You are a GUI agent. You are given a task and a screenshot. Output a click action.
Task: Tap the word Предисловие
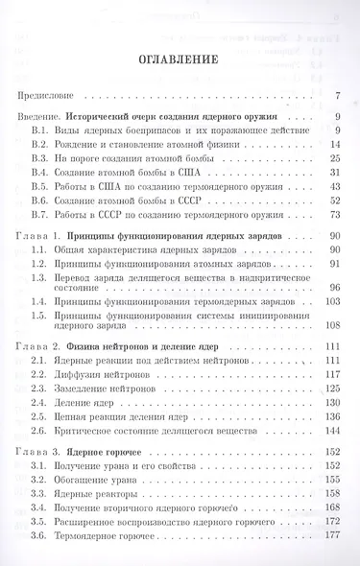click(46, 96)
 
